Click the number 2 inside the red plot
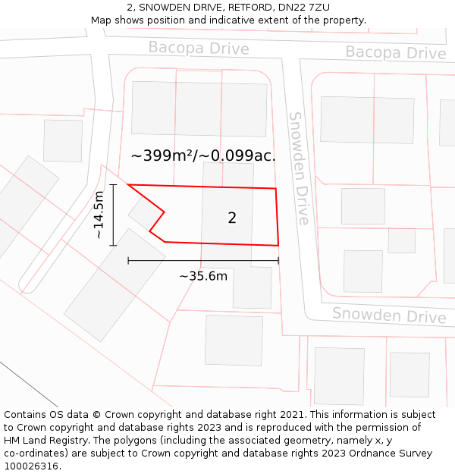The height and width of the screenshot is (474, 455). pos(232,218)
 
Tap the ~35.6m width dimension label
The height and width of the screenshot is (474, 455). pos(203,276)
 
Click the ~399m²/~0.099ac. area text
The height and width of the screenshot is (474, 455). pos(203,156)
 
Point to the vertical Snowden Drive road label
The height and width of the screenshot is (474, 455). pos(299,168)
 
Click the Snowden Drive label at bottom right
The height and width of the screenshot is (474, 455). pos(389,315)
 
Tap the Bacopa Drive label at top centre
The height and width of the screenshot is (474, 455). pos(198,49)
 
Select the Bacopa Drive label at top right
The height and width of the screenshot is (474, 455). pos(396,53)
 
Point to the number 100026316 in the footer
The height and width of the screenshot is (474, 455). pos(31,466)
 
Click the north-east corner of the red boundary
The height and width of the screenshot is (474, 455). pos(275,189)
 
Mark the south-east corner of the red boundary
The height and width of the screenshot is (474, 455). pos(278,246)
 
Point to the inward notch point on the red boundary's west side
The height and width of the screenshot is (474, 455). pos(164,212)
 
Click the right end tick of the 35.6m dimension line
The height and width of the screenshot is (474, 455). pos(278,260)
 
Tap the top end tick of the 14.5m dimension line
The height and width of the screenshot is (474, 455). pos(113,184)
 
